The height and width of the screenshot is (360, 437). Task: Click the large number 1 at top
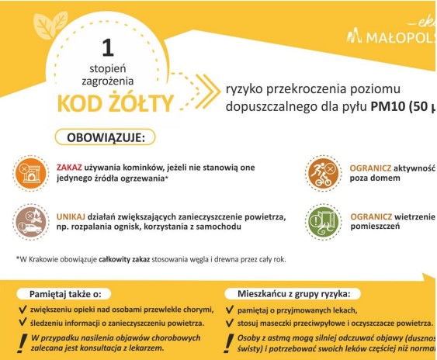coord(108,47)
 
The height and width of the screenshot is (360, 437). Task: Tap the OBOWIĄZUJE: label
coord(106,137)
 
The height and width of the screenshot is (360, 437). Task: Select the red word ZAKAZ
coord(69,167)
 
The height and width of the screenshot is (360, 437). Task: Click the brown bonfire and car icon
coord(29,220)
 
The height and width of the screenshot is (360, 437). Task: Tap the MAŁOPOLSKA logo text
coord(398,36)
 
